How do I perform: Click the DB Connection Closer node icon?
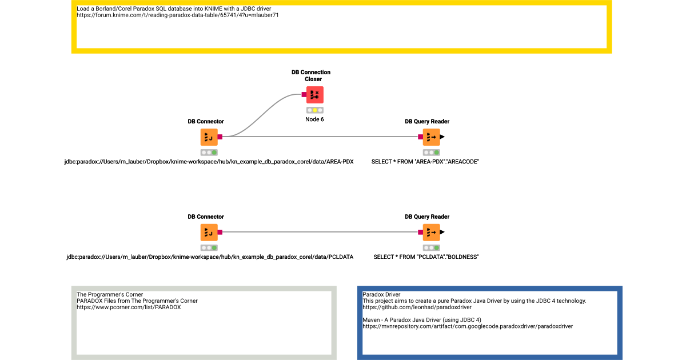314,95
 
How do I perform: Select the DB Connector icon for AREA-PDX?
209,137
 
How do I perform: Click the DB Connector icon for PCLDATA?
209,233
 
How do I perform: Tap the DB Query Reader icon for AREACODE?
431,137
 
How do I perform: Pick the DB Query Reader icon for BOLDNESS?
431,233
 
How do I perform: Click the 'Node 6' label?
314,119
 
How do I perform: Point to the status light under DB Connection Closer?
314,110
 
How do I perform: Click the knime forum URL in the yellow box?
178,15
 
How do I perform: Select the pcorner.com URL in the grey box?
129,307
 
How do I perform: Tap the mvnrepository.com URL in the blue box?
467,326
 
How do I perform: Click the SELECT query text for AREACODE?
425,162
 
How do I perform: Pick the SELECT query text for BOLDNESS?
426,257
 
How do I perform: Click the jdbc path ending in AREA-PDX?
209,162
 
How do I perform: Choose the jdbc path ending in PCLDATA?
210,257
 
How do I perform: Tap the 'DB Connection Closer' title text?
311,75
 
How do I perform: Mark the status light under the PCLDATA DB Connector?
209,247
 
